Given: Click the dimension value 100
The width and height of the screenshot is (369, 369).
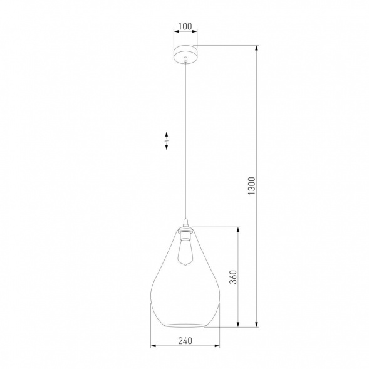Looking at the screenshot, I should point(184,27).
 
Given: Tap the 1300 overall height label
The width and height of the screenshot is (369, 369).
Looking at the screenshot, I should point(252,186).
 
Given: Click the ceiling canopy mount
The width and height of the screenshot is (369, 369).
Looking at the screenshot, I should point(184,52).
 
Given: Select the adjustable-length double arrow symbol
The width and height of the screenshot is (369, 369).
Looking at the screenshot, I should point(167,139).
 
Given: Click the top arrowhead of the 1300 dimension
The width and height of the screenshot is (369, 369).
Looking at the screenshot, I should point(257,48).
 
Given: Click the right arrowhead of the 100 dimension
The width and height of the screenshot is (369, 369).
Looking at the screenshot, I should point(195,33).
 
